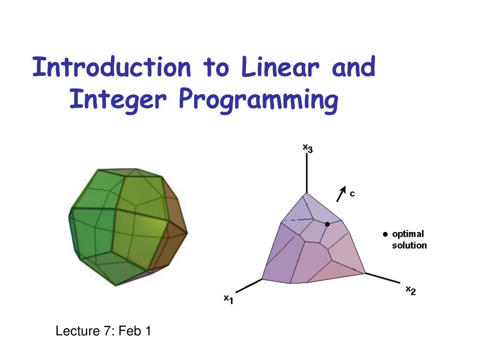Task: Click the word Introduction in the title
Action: (x=112, y=67)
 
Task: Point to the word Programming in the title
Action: (x=258, y=100)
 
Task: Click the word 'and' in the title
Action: (x=353, y=67)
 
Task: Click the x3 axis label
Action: (x=307, y=149)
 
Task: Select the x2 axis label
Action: (x=411, y=290)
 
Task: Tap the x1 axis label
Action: (x=228, y=299)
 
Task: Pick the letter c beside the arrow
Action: (x=352, y=193)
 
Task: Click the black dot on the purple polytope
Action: (x=328, y=224)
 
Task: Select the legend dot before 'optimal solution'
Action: (x=385, y=234)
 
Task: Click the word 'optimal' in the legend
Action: (x=408, y=234)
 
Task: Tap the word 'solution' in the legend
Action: (x=409, y=245)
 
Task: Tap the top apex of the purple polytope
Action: (x=307, y=194)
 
